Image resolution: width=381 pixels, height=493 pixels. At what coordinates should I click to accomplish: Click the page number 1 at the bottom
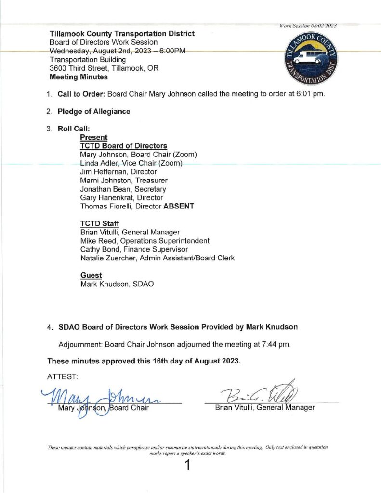[188, 466]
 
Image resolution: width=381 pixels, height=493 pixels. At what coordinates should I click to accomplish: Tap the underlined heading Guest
[91, 275]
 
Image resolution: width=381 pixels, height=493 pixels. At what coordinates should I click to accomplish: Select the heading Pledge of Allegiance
[94, 111]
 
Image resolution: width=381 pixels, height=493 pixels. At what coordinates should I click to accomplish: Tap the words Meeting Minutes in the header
[79, 77]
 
